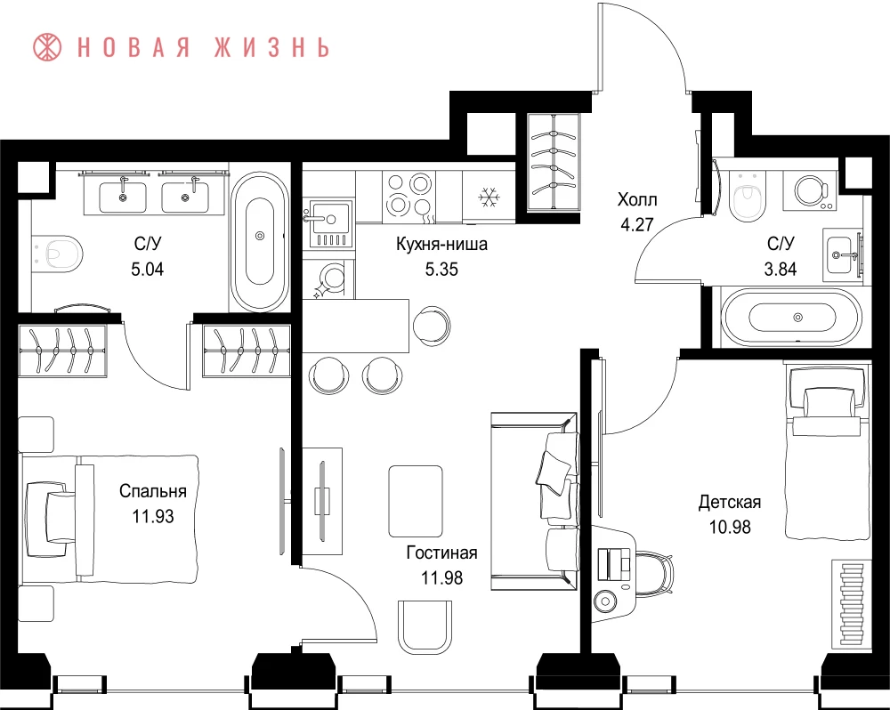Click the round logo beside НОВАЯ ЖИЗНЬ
pos(47,47)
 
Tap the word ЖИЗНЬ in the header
pos(271,47)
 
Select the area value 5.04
pos(148,269)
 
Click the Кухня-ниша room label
pos(441,244)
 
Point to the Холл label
pos(637,200)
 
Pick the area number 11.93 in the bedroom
pos(153,516)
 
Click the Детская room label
pos(730,502)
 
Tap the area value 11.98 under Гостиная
pos(441,577)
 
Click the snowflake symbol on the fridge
pos(488,198)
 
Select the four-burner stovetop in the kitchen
pos(408,195)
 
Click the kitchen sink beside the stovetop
pos(328,223)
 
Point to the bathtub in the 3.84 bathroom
pos(792,317)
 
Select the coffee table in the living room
pos(416,501)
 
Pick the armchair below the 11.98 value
pos(425,626)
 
